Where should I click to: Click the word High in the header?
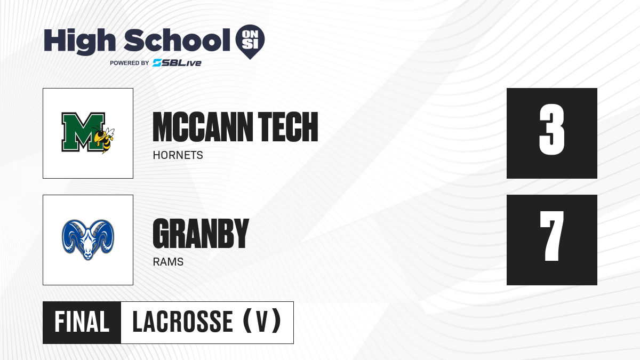pos(79,42)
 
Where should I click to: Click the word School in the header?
pos(177,40)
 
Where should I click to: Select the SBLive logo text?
pos(177,63)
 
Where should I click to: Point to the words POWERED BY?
pos(130,63)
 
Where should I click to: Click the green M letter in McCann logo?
pos(83,132)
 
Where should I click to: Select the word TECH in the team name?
pos(287,127)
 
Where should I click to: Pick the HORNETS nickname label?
pos(178,155)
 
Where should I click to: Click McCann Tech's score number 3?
pos(551,130)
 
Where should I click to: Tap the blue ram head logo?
pos(88,239)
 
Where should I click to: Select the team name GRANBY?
pos(201,234)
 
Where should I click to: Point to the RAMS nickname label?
pos(168,262)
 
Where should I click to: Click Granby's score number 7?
pos(551,236)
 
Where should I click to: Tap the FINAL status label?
pos(82,322)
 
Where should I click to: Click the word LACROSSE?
pos(182,322)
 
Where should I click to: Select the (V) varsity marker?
pos(262,321)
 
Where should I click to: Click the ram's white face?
pos(88,246)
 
